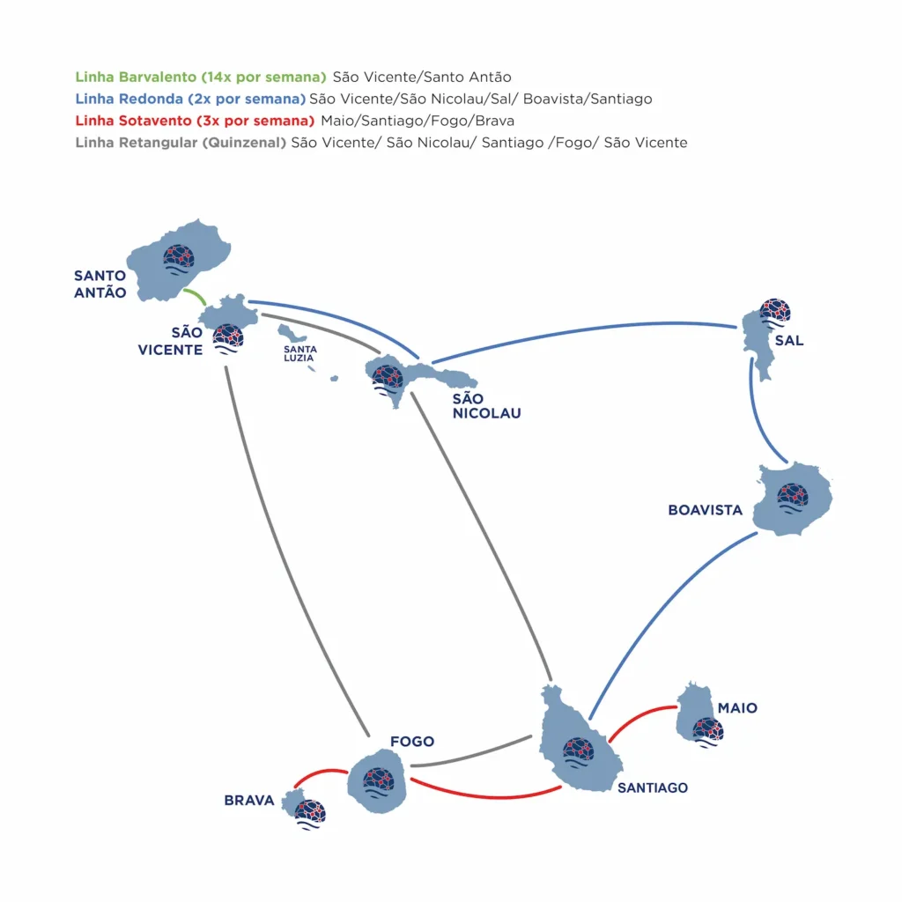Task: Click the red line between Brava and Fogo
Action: tap(318, 773)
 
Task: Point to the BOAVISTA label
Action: tap(705, 510)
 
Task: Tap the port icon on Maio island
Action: tap(707, 730)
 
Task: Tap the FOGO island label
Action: tap(412, 742)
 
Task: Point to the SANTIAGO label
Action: tap(652, 787)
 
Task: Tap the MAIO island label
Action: tap(737, 708)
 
